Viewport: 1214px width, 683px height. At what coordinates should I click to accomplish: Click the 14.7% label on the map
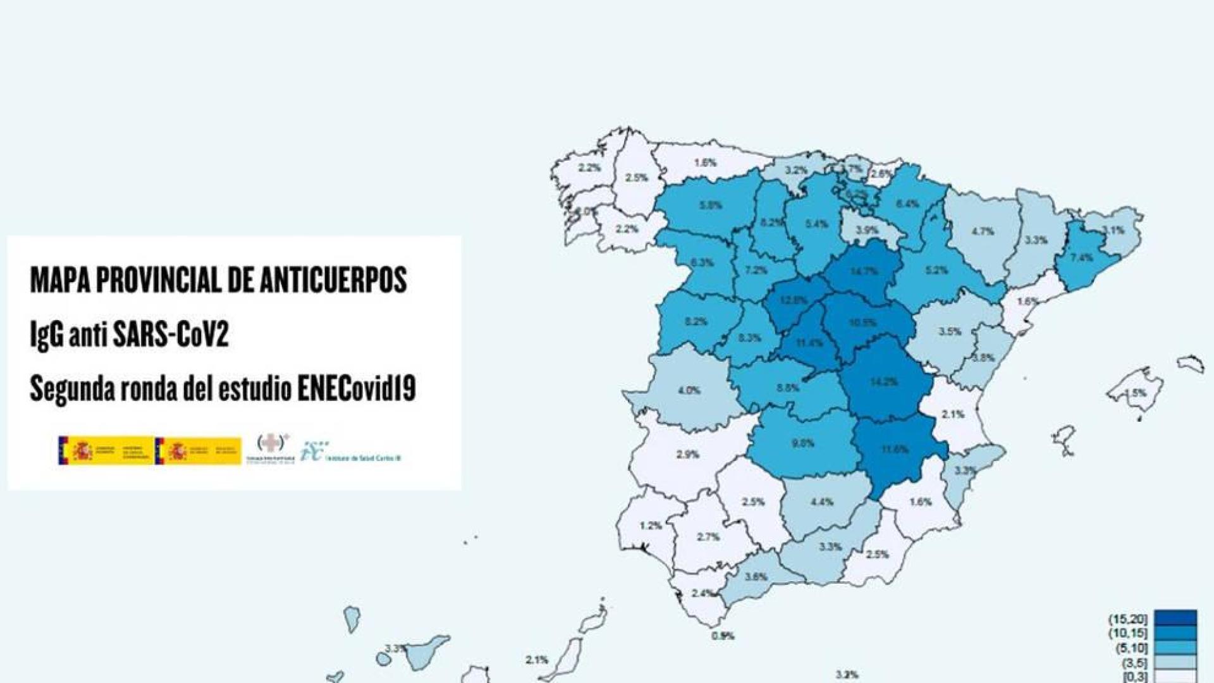pos(864,271)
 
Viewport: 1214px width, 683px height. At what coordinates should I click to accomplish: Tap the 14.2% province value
pos(883,382)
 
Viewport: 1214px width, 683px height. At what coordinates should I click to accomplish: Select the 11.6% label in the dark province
pos(895,450)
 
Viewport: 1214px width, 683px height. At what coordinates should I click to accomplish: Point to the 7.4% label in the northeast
pos(1082,257)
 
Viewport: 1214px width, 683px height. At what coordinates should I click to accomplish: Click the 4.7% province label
pos(983,231)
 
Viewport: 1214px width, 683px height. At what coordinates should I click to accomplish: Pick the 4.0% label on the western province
pos(689,390)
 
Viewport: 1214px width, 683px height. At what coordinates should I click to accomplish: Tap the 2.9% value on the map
pos(687,454)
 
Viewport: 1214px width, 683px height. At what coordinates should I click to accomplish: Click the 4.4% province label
pos(822,501)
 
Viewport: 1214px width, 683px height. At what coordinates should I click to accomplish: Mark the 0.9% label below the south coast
pos(722,636)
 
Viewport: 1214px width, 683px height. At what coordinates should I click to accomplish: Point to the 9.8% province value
pos(802,443)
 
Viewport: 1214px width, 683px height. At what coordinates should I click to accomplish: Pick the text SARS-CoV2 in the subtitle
pos(169,335)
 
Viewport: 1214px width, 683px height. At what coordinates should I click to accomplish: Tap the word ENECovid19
pos(357,389)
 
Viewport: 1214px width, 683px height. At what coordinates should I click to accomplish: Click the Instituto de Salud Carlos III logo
pos(352,452)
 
